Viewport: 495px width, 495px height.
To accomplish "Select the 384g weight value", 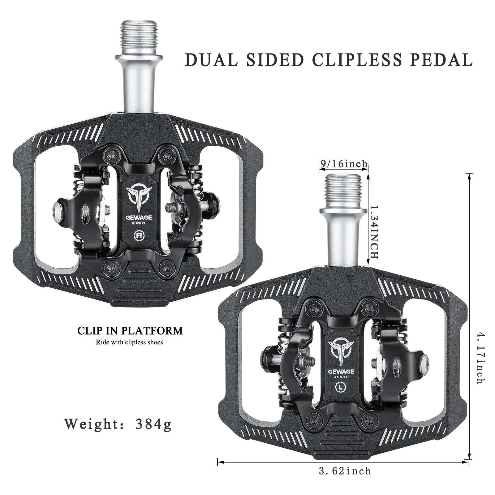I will (x=153, y=424).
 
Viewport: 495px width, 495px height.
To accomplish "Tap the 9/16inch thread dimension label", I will (x=344, y=164).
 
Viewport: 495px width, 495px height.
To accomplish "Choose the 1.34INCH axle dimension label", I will (x=374, y=232).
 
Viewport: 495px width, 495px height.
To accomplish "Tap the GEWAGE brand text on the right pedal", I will (x=342, y=371).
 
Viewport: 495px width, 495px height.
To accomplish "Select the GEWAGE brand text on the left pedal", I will (x=139, y=217).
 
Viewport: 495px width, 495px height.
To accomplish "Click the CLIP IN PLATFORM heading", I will (x=130, y=331).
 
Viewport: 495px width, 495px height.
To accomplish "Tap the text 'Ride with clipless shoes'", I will (x=129, y=342).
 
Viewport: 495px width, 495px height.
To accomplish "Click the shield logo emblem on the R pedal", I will (x=138, y=197).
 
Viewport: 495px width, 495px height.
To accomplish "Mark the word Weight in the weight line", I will (x=91, y=424).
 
